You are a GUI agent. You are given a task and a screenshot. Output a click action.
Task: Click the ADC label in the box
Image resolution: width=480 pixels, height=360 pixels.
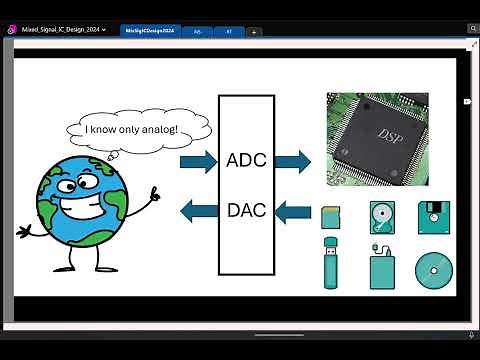(x=246, y=160)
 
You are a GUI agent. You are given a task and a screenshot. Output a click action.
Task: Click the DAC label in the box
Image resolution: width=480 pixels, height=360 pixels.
(x=246, y=210)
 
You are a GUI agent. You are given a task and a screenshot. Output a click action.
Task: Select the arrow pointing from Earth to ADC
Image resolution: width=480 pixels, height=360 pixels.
(x=198, y=160)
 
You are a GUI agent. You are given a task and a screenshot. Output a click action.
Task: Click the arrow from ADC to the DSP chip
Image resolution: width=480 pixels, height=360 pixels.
(x=292, y=160)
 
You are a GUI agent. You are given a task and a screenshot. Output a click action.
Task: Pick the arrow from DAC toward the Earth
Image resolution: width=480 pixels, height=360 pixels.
(x=198, y=210)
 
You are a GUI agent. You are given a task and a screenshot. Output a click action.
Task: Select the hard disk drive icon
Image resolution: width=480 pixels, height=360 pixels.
(x=382, y=216)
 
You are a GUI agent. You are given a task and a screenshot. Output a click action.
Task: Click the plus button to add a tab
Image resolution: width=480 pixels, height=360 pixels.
(x=254, y=32)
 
